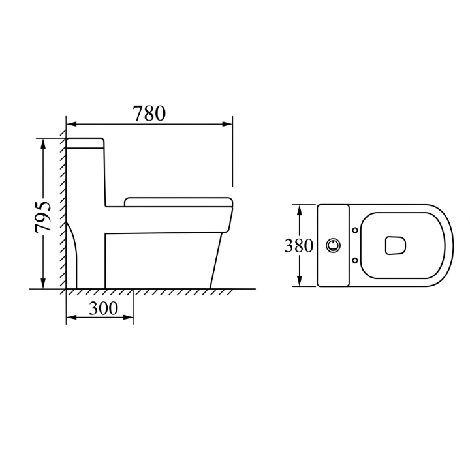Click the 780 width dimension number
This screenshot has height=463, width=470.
coord(149,113)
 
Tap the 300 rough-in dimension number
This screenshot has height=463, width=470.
coord(103,308)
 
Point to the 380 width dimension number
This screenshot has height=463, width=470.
coord(298,246)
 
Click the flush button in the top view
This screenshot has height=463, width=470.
coord(333,245)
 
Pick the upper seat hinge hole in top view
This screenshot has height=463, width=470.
coord(355,230)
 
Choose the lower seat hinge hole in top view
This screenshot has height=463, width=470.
coord(355,260)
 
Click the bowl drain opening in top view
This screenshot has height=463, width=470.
coord(396,246)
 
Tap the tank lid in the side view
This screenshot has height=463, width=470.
coord(85,143)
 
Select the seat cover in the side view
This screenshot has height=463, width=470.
coord(179,202)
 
